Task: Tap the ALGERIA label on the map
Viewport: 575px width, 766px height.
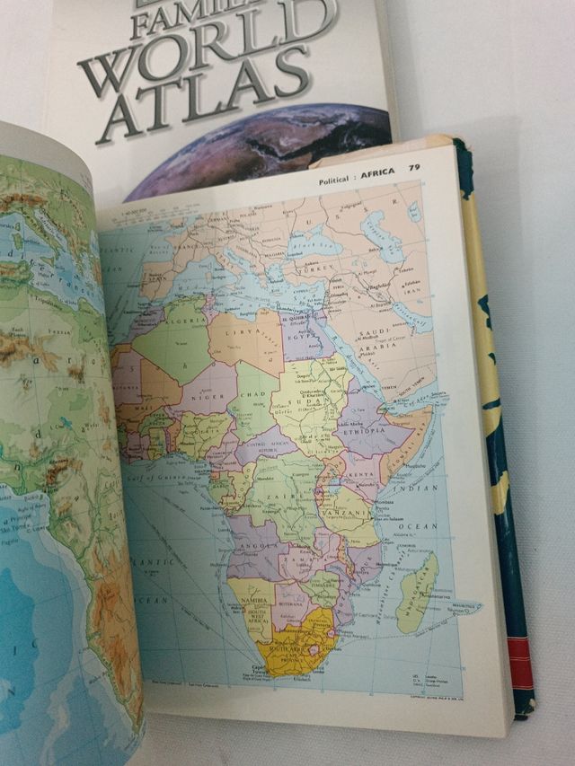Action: (172, 330)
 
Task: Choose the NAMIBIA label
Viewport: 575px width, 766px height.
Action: (246, 597)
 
